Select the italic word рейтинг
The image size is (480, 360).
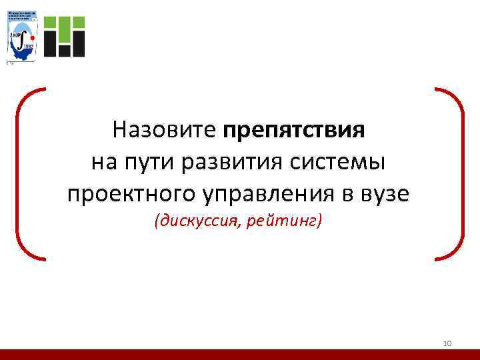285,221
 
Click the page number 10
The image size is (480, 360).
447,343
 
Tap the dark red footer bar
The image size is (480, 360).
240,354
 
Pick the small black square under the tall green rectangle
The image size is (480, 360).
65,49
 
